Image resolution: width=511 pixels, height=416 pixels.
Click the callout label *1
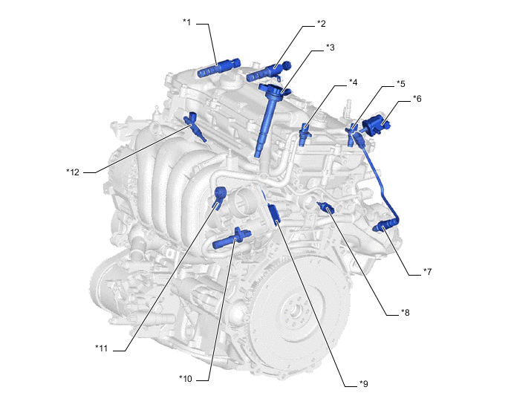pyautogui.click(x=186, y=22)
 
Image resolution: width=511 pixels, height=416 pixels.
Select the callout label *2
pyautogui.click(x=322, y=24)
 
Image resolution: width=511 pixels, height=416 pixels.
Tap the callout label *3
pyautogui.click(x=331, y=48)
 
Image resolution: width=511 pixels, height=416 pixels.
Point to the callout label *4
pyautogui.click(x=354, y=82)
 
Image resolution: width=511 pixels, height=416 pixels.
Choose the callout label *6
pyautogui.click(x=417, y=99)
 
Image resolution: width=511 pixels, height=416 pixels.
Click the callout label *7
pyautogui.click(x=428, y=272)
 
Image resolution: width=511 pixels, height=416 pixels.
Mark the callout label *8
pyautogui.click(x=405, y=313)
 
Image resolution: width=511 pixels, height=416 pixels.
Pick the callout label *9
pyautogui.click(x=364, y=384)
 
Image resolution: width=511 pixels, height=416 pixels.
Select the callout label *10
pyautogui.click(x=186, y=379)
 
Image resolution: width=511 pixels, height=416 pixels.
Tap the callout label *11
pyautogui.click(x=101, y=348)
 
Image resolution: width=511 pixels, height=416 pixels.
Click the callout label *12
pyautogui.click(x=73, y=172)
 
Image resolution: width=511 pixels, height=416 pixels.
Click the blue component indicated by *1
pyautogui.click(x=218, y=68)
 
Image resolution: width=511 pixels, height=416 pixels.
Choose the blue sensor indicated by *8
pyautogui.click(x=325, y=207)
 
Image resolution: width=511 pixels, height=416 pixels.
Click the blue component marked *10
pyautogui.click(x=232, y=240)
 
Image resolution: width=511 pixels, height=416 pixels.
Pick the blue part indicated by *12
pyautogui.click(x=195, y=126)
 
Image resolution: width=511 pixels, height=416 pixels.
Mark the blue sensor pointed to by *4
pyautogui.click(x=305, y=134)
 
